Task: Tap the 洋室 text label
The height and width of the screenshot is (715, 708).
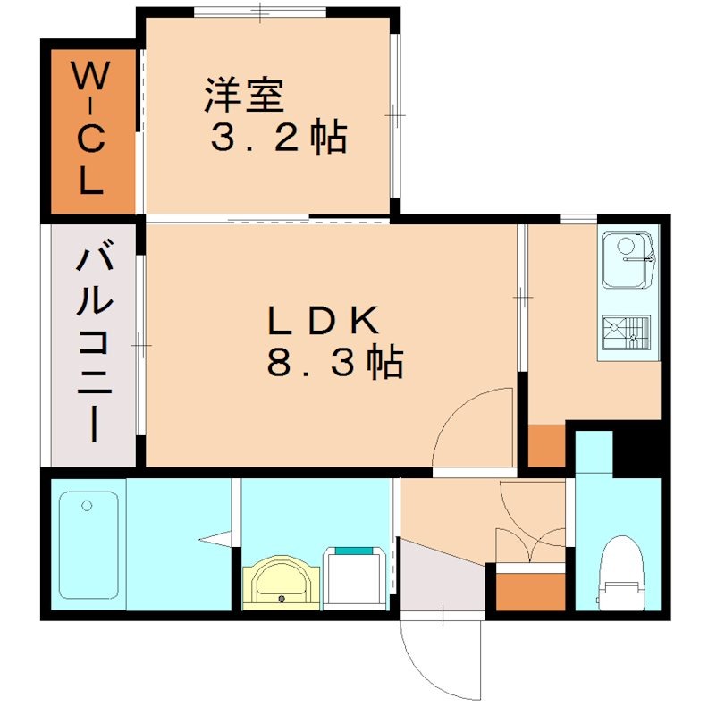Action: click(x=243, y=96)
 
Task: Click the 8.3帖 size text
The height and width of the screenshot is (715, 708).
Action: click(x=333, y=363)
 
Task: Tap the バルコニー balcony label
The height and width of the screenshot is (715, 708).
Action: click(x=93, y=344)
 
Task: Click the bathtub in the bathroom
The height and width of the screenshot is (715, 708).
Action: click(x=88, y=545)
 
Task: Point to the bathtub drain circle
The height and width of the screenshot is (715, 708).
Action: click(x=87, y=506)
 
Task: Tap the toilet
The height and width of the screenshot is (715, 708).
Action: click(x=619, y=573)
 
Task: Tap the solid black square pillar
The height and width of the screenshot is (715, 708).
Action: click(x=637, y=447)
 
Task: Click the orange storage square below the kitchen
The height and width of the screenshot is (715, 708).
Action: click(x=546, y=446)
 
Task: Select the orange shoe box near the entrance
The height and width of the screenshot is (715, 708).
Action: click(x=530, y=591)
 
